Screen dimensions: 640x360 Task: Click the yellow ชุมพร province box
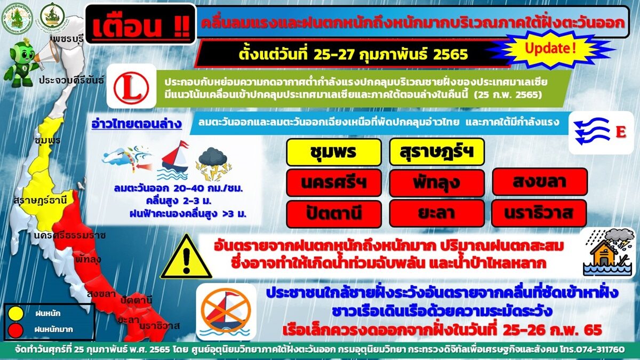[x=334, y=153]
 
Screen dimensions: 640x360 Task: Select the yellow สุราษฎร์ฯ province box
[x=437, y=151]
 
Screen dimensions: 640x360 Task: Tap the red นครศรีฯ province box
[x=334, y=183]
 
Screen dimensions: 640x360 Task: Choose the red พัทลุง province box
[x=437, y=183]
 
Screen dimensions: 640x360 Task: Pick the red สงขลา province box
[x=539, y=182]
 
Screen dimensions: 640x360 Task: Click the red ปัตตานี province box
[x=334, y=214]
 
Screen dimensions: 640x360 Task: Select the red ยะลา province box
[x=437, y=213]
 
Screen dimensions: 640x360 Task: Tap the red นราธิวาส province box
[x=539, y=213]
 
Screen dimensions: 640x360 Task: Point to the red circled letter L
[x=131, y=86]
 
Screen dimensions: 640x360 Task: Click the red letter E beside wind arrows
[x=621, y=132]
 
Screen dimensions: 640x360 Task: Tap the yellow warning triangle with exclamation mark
[x=186, y=257]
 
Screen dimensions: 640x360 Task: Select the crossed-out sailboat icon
[x=226, y=311]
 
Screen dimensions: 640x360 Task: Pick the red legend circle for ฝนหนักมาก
[x=15, y=330]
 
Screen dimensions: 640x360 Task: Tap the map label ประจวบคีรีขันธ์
[x=71, y=81]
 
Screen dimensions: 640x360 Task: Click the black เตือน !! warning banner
[x=141, y=25]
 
